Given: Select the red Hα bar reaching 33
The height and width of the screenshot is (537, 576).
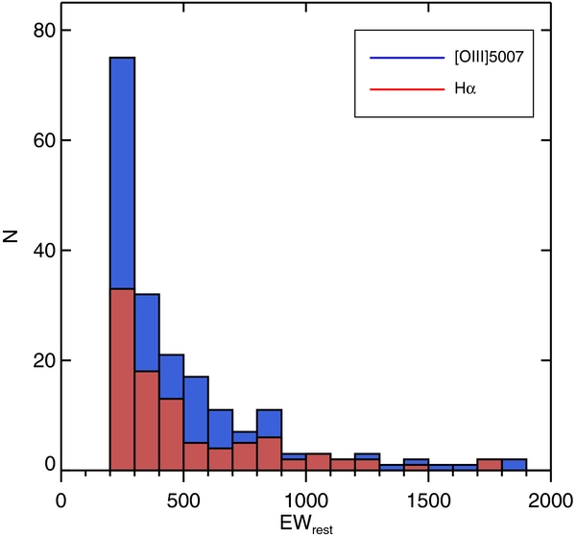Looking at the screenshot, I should (123, 384).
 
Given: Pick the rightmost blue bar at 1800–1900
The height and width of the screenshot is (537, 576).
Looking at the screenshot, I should (514, 464).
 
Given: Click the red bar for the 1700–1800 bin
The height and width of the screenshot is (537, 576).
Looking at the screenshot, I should (490, 464).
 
